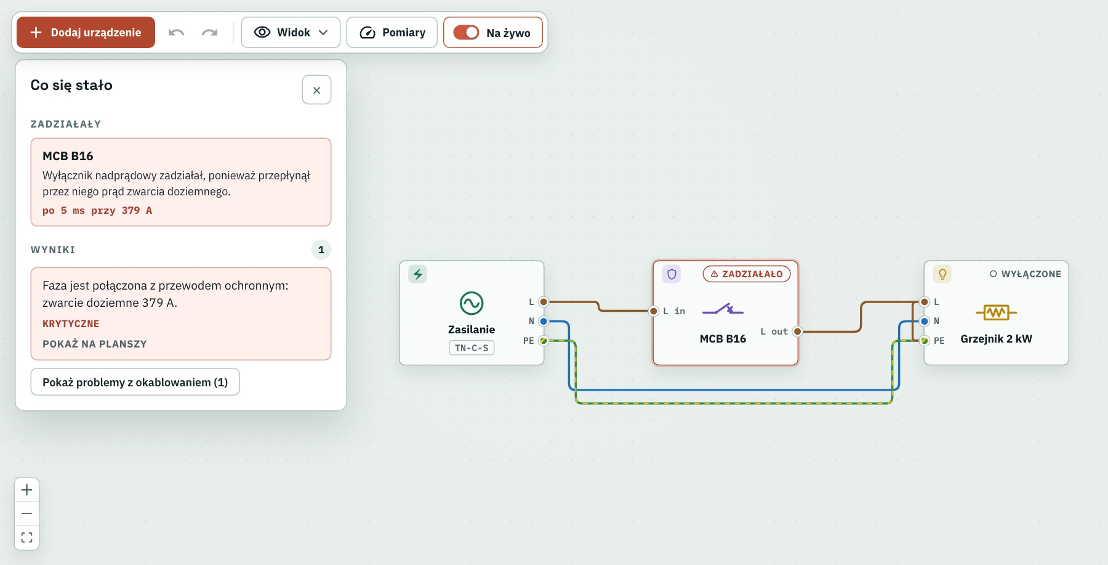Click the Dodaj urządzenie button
click(x=86, y=33)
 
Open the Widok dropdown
click(x=291, y=33)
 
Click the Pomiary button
click(x=392, y=33)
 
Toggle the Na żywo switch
click(x=466, y=33)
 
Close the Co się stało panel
click(x=316, y=90)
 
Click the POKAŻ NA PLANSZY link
click(x=95, y=344)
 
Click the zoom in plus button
click(x=27, y=490)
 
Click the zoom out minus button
click(x=27, y=513)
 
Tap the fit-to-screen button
click(x=27, y=537)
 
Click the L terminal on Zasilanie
click(x=544, y=302)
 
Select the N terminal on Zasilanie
click(x=544, y=321)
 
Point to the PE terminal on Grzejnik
click(x=925, y=341)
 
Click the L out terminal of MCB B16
click(x=798, y=331)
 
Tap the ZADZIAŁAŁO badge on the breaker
click(x=747, y=274)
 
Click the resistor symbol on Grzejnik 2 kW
click(x=996, y=312)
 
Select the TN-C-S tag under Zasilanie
click(x=472, y=348)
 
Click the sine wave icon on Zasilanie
click(x=472, y=303)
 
